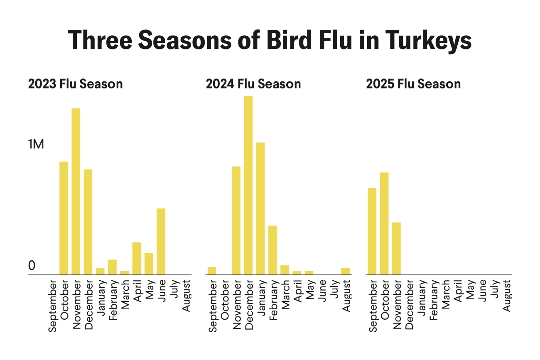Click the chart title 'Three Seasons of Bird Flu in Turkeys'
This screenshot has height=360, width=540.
(x=270, y=40)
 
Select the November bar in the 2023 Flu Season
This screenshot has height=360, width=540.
(x=76, y=191)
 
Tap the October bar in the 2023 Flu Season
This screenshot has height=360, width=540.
(x=64, y=218)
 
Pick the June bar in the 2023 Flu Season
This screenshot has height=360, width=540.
(x=161, y=241)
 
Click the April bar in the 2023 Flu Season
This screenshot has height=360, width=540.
(x=137, y=258)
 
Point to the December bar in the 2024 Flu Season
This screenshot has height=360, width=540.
(x=248, y=185)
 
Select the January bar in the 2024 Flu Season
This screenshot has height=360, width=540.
(x=260, y=208)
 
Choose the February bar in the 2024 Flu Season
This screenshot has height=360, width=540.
(x=272, y=250)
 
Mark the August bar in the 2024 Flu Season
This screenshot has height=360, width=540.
(x=346, y=271)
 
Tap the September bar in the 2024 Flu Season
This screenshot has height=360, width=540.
(x=212, y=271)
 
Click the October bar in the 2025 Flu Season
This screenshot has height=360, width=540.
(x=384, y=223)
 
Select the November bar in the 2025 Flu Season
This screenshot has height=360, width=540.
(x=396, y=248)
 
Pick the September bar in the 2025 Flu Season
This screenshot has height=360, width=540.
(x=372, y=231)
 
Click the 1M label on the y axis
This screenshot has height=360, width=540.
(x=36, y=144)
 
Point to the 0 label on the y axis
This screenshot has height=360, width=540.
(x=32, y=266)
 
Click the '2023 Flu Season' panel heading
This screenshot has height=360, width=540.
(x=75, y=84)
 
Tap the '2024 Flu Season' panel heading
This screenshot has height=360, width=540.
(x=253, y=84)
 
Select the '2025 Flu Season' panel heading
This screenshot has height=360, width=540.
(x=413, y=84)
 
